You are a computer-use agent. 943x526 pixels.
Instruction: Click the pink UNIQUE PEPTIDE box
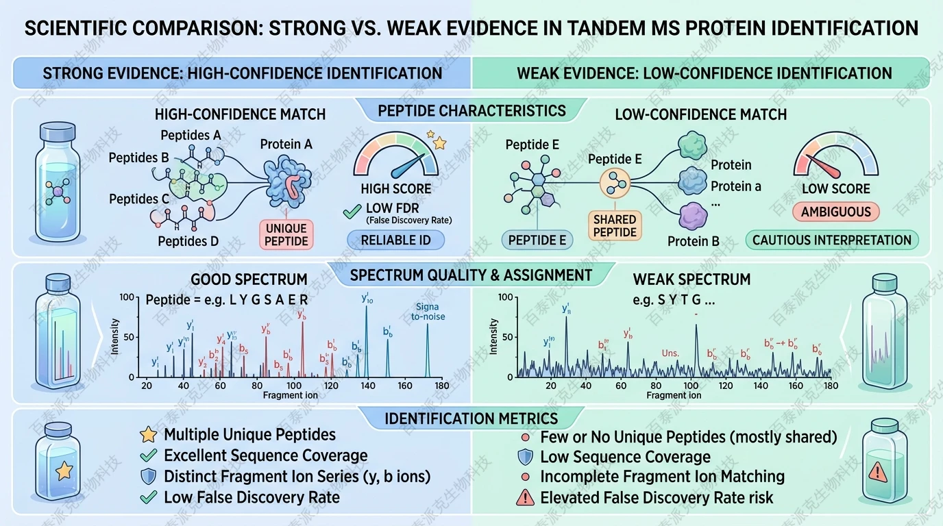click(286, 234)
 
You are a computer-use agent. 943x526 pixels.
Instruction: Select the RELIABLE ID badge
click(395, 240)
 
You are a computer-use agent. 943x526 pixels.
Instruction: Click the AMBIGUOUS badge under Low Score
click(835, 212)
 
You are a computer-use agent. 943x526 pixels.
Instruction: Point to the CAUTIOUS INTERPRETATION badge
click(831, 240)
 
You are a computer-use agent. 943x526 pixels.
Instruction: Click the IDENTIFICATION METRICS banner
click(472, 418)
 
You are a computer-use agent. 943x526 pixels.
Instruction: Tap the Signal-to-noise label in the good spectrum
click(428, 312)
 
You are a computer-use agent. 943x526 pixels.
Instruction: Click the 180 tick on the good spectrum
click(443, 386)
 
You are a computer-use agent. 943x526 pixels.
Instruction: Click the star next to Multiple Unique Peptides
click(147, 434)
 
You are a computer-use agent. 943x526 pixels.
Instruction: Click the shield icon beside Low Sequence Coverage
click(524, 457)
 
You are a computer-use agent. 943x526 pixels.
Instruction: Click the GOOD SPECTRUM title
click(249, 279)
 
